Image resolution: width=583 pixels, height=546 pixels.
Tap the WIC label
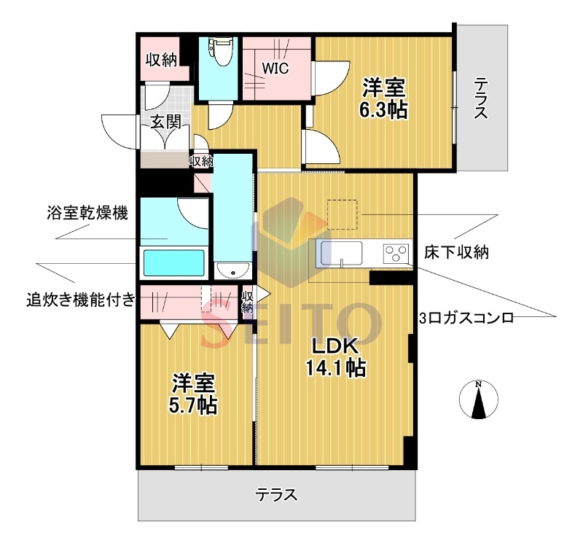pyautogui.click(x=276, y=69)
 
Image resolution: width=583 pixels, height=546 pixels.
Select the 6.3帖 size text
pyautogui.click(x=383, y=110)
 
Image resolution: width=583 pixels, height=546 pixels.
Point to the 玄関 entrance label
pyautogui.click(x=165, y=122)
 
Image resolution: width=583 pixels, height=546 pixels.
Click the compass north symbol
pyautogui.click(x=478, y=400)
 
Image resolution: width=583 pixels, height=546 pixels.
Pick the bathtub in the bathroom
pyautogui.click(x=173, y=262)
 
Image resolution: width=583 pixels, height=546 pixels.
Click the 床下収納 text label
pyautogui.click(x=456, y=253)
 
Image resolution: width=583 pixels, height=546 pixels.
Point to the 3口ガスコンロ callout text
pyautogui.click(x=466, y=319)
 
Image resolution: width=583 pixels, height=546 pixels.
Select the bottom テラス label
pyautogui.click(x=276, y=495)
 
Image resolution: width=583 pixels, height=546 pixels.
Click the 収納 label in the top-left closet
pyautogui.click(x=160, y=61)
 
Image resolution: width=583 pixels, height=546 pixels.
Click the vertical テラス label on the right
pyautogui.click(x=480, y=98)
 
